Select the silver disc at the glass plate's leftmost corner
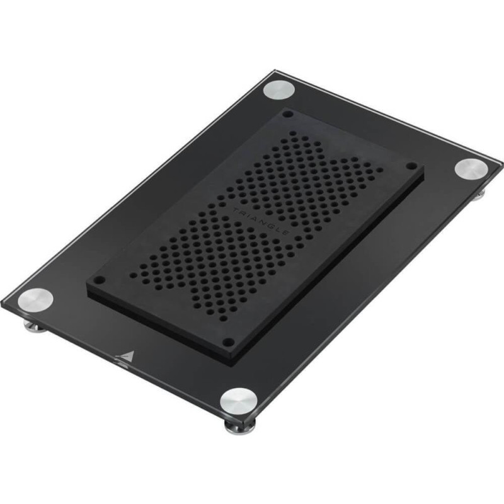(x=35, y=301)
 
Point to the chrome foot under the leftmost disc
(x=35, y=326)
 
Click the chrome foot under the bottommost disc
(x=240, y=427)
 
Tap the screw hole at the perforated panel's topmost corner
(x=288, y=114)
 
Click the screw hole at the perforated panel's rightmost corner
(x=411, y=166)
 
